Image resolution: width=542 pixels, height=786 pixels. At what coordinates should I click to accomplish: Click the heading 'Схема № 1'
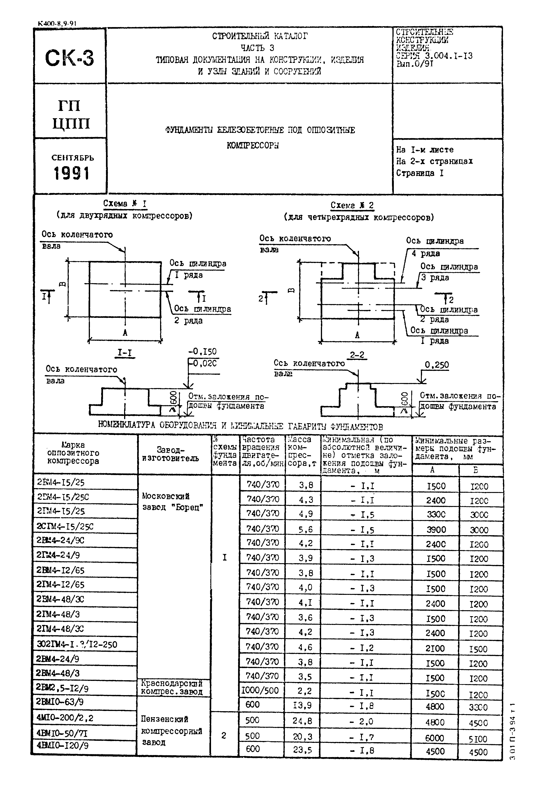click(x=125, y=204)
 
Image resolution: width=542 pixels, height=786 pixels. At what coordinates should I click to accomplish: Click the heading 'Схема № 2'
click(x=352, y=205)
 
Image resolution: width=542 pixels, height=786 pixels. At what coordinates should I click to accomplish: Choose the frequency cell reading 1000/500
click(x=260, y=690)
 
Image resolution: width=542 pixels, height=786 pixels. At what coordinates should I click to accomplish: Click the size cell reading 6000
click(x=435, y=738)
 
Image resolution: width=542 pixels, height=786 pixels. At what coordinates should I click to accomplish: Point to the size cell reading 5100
click(x=478, y=739)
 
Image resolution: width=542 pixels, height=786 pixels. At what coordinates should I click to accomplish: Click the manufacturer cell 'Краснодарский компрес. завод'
click(x=172, y=688)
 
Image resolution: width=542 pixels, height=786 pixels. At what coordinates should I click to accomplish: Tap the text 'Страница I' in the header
click(x=420, y=173)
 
